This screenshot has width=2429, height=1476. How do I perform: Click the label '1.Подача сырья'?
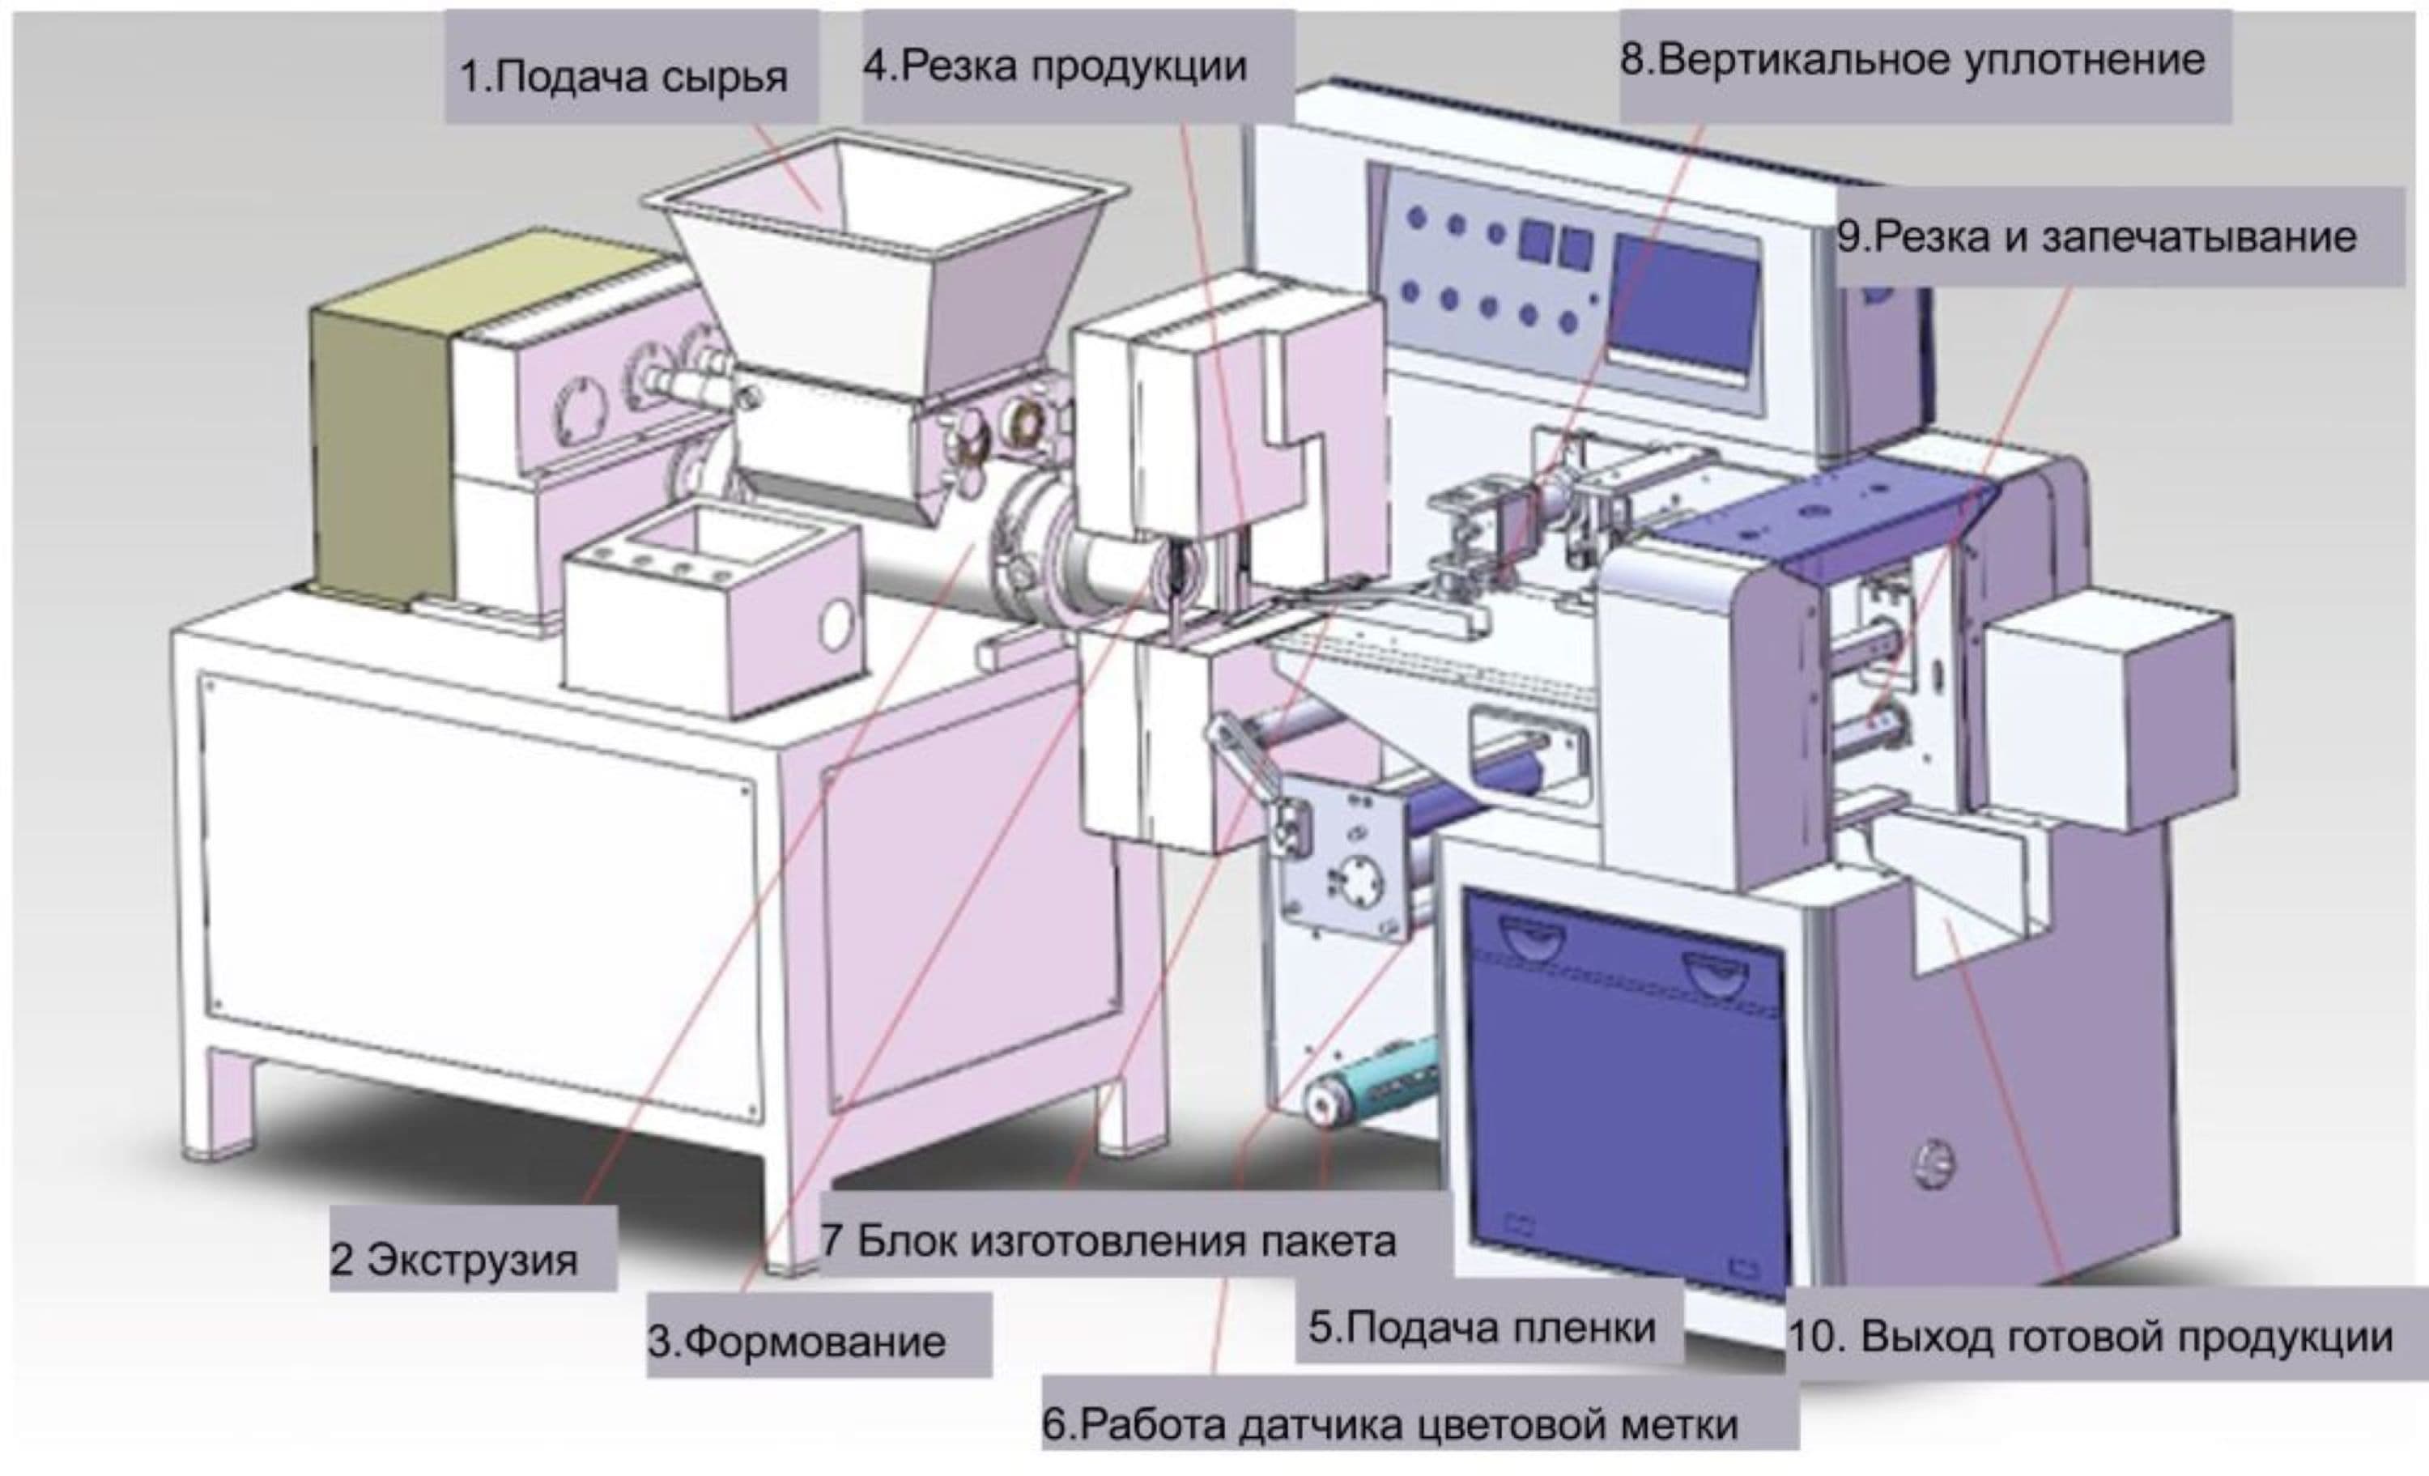click(x=625, y=77)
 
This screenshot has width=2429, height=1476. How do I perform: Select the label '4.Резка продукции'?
click(x=1055, y=67)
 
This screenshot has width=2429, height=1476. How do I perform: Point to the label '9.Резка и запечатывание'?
click(x=2095, y=237)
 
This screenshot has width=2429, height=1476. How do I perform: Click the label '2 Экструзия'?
click(x=454, y=1260)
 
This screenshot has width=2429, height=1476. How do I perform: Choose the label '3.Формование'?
click(x=797, y=1342)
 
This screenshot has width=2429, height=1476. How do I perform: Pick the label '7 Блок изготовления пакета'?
click(x=1108, y=1240)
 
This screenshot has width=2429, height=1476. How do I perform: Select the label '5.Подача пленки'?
click(x=1482, y=1327)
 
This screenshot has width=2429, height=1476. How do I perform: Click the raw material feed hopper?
click(x=887, y=266)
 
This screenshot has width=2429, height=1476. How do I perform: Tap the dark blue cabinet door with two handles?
click(x=1627, y=1085)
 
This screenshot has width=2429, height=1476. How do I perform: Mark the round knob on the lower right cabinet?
click(x=1934, y=1163)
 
